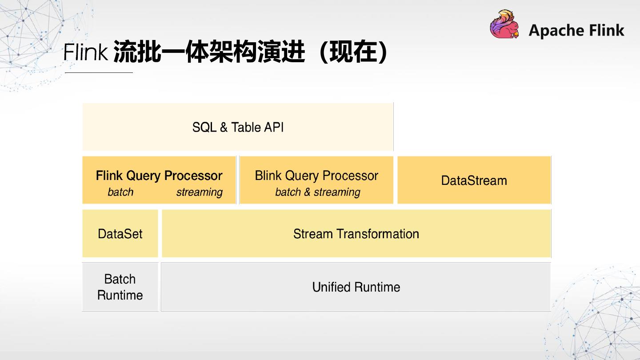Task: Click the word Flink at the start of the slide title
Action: pyautogui.click(x=85, y=52)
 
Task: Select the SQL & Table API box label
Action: pyautogui.click(x=238, y=127)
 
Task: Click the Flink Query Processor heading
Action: pyautogui.click(x=159, y=176)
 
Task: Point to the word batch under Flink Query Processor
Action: pyautogui.click(x=120, y=192)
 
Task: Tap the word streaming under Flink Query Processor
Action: pyautogui.click(x=200, y=192)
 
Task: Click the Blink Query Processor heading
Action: pyautogui.click(x=316, y=176)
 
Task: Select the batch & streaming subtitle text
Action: pyautogui.click(x=318, y=192)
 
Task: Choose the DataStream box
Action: pyautogui.click(x=474, y=180)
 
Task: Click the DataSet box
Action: pyautogui.click(x=120, y=233)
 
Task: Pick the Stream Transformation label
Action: pyautogui.click(x=356, y=234)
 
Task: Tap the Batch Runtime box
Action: pyautogui.click(x=120, y=287)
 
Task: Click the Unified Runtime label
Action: pyautogui.click(x=356, y=287)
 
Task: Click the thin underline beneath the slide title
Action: pyautogui.click(x=99, y=72)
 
